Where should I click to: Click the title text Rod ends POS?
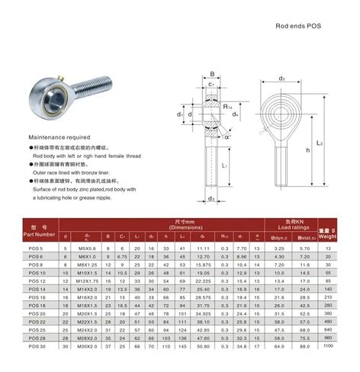[298, 25]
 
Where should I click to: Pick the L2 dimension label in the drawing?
[339, 143]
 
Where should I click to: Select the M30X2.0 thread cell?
[89, 367]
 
